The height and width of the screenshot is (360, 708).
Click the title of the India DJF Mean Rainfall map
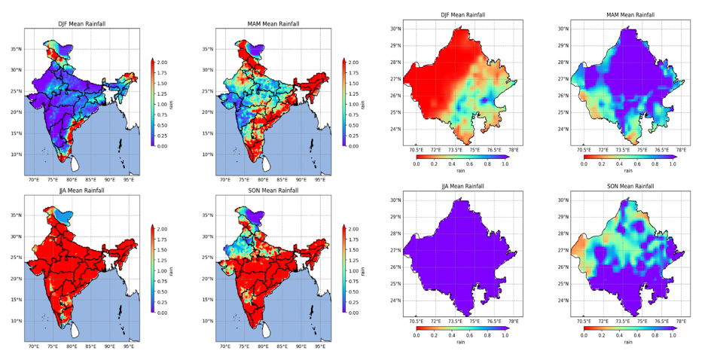(x=83, y=24)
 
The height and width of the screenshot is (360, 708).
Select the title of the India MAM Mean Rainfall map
(x=273, y=24)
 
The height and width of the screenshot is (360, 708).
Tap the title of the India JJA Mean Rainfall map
(x=82, y=191)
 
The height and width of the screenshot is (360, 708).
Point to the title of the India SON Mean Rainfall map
(x=273, y=191)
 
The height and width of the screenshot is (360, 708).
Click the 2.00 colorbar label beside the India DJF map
(x=162, y=63)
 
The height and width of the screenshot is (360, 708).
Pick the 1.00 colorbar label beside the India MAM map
(x=353, y=105)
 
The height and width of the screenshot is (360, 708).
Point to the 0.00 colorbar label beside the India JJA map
(x=162, y=313)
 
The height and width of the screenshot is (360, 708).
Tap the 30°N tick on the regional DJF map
(x=395, y=29)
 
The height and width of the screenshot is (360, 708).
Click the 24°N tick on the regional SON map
(x=563, y=301)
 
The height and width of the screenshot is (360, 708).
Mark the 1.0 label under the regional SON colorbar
(x=673, y=336)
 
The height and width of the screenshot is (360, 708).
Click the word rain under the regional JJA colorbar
(x=460, y=342)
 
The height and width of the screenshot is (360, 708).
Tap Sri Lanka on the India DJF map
(x=75, y=163)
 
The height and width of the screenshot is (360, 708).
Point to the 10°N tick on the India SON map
(x=210, y=321)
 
